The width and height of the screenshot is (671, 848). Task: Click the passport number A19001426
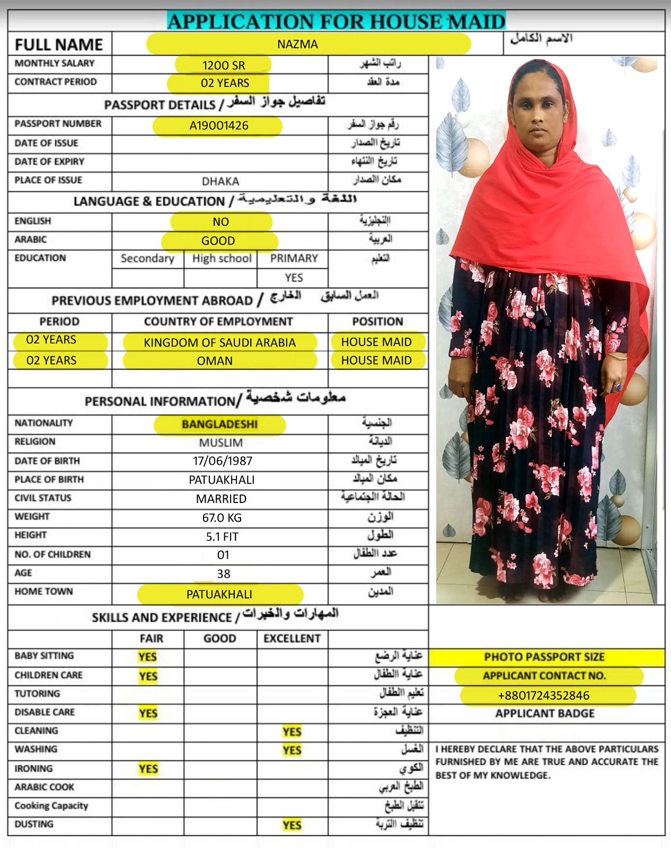pos(219,126)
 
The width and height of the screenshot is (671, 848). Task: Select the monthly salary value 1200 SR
pos(224,66)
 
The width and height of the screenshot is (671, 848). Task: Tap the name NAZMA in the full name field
pos(297,45)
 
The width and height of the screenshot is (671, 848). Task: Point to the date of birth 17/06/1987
pos(223,461)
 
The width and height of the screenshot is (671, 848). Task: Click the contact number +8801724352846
pos(543,696)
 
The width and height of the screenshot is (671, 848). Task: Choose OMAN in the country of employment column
pos(215,361)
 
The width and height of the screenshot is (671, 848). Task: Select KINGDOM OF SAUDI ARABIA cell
pos(219,342)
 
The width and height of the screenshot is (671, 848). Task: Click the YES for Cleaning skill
pos(292,732)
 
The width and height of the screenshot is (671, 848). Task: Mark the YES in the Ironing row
pos(148,769)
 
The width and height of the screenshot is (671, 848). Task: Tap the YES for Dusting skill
pos(292,825)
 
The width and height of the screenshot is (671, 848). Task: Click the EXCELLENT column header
pos(292,639)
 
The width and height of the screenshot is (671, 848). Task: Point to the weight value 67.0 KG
pos(222,518)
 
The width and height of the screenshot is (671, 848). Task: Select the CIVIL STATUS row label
pos(43,498)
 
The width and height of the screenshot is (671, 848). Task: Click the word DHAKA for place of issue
pos(220,182)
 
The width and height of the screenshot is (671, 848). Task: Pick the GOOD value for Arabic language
pos(218,241)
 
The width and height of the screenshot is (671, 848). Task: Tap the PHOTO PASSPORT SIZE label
pos(544,657)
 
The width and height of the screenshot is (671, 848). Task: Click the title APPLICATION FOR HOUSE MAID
pos(336,22)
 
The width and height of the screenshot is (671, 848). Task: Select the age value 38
pos(223,574)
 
